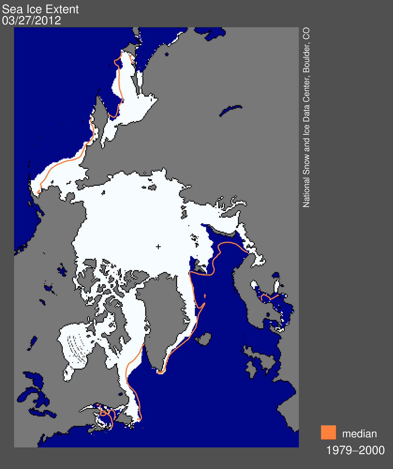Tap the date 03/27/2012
tap(32, 21)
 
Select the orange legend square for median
tap(328, 432)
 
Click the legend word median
tap(360, 434)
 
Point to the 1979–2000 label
tap(355, 450)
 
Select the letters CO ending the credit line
tap(306, 33)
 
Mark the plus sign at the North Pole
tap(158, 247)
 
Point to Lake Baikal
tap(230, 110)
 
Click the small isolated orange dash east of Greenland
tap(205, 296)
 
